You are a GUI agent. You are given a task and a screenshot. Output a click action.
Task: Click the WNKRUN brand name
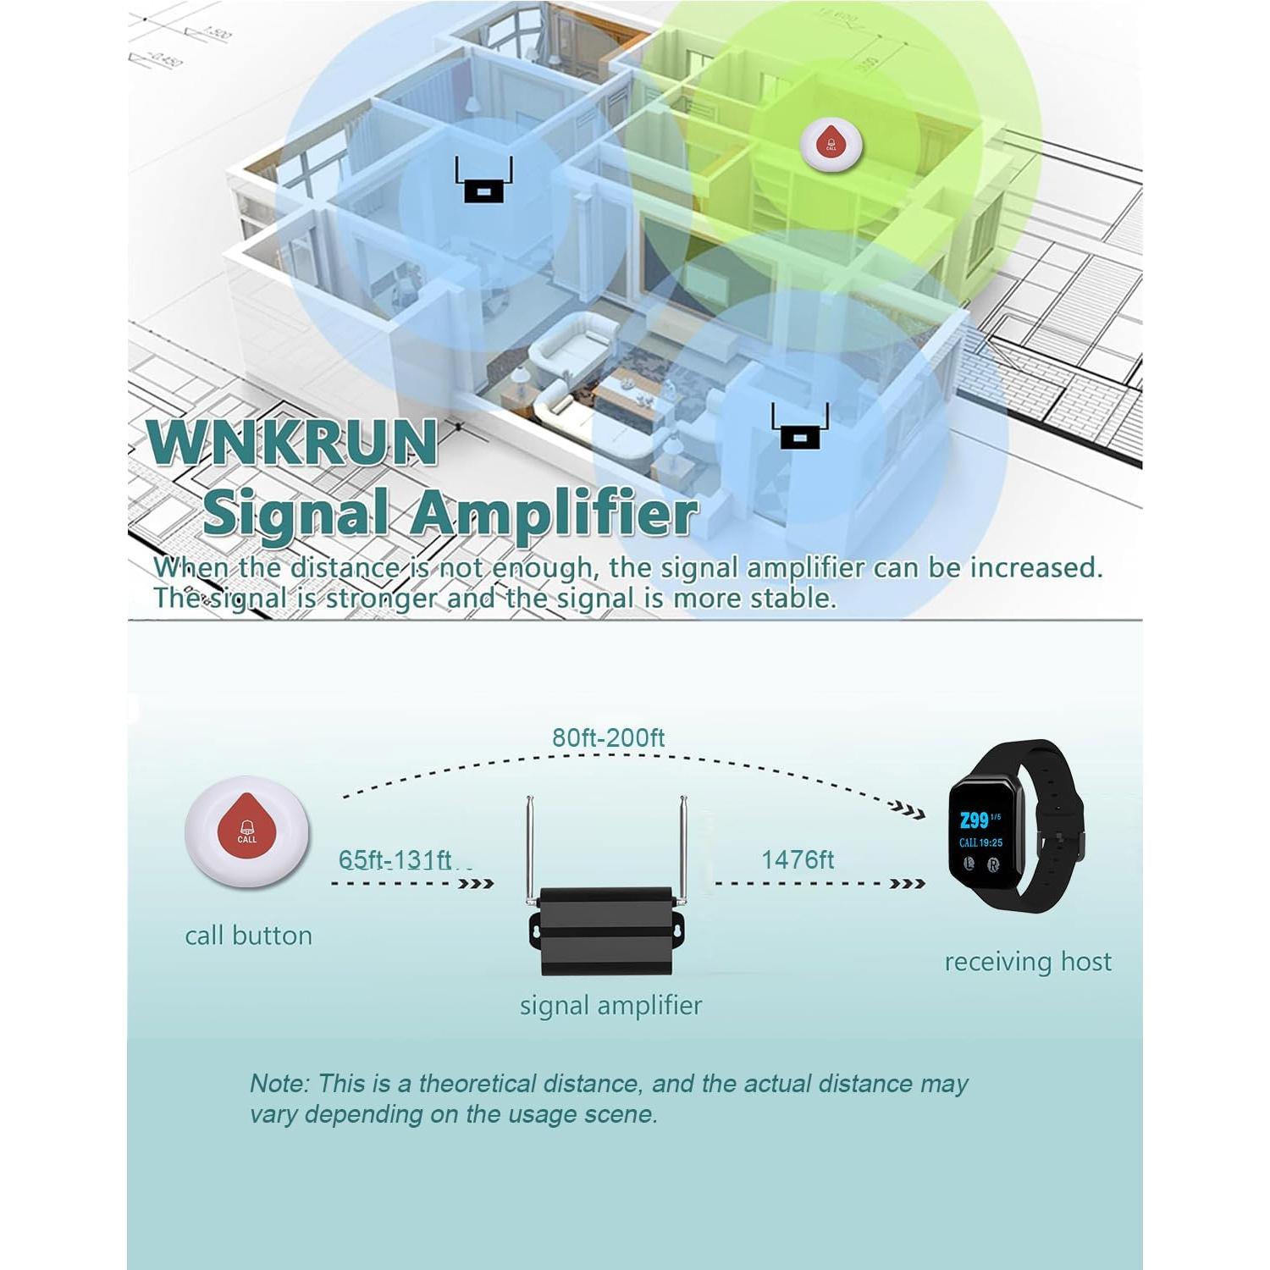pyautogui.click(x=292, y=442)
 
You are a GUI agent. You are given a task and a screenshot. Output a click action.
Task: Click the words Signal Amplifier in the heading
pyautogui.click(x=450, y=513)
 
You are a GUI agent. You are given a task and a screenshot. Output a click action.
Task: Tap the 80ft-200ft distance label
pyautogui.click(x=608, y=737)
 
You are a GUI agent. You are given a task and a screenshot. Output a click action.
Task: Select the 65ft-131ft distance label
pyautogui.click(x=395, y=860)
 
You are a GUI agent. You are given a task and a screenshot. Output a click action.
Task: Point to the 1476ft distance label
pyautogui.click(x=797, y=860)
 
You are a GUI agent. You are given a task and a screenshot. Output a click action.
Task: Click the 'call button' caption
pyautogui.click(x=248, y=936)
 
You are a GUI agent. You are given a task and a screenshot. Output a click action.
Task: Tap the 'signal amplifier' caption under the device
pyautogui.click(x=610, y=1006)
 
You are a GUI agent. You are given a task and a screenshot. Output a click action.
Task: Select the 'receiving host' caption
pyautogui.click(x=1027, y=962)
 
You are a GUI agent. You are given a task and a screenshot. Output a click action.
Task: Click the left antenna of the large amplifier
pyautogui.click(x=529, y=847)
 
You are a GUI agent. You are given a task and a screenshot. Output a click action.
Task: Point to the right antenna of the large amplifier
pyautogui.click(x=683, y=847)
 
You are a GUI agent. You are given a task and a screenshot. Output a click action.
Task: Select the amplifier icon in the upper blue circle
pyautogui.click(x=482, y=184)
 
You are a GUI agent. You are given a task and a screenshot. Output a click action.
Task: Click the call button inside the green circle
pyautogui.click(x=831, y=141)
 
